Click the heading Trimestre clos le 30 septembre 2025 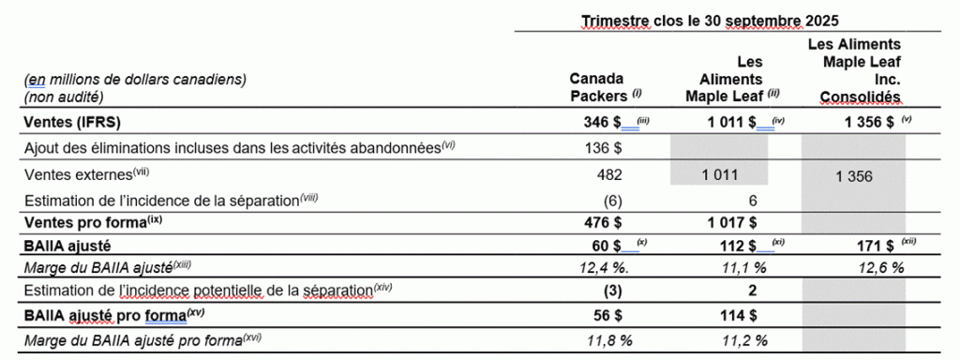tap(710, 20)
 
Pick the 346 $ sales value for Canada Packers tap(603, 122)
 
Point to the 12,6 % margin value tap(878, 267)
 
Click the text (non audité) tap(64, 96)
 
